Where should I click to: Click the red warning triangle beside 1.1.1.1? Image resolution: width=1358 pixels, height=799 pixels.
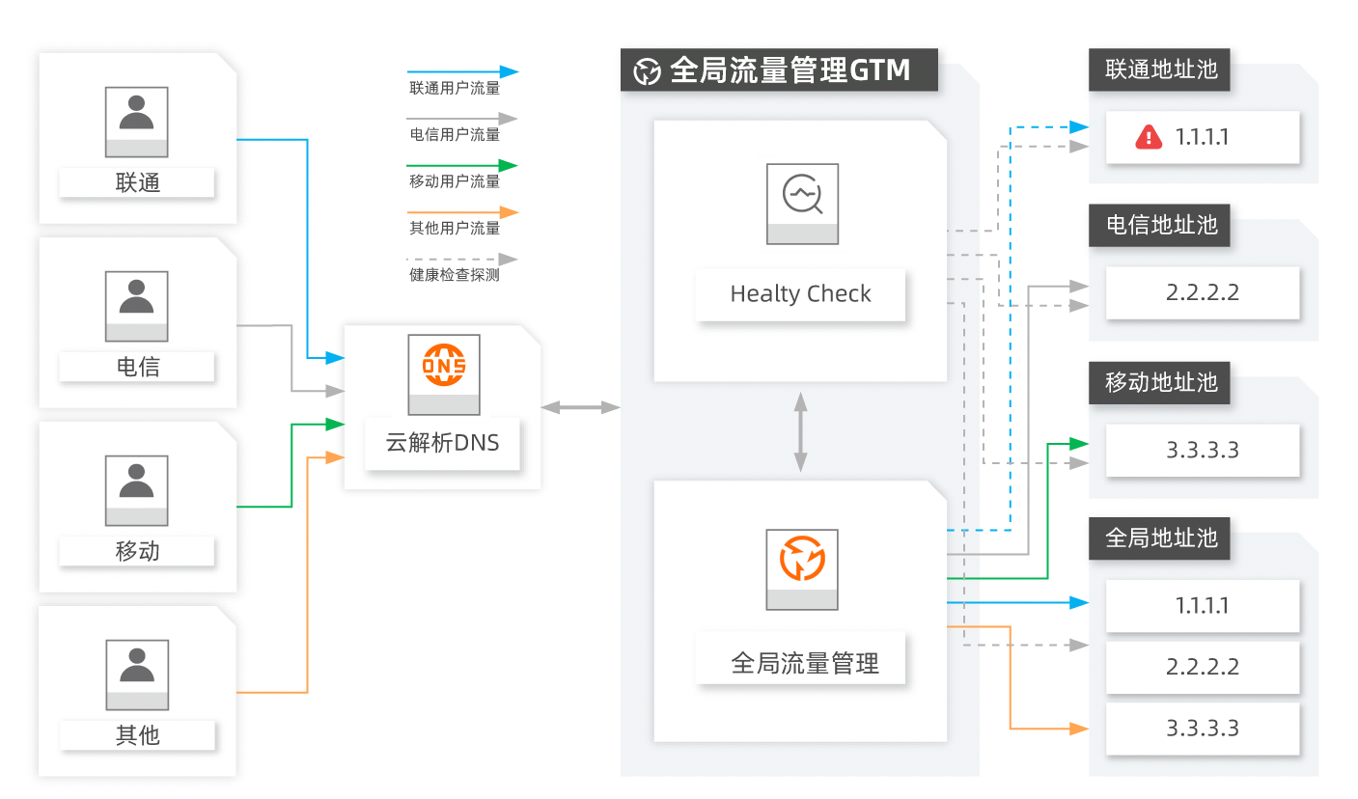pyautogui.click(x=1149, y=137)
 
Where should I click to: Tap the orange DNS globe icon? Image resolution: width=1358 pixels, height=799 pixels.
pyautogui.click(x=444, y=365)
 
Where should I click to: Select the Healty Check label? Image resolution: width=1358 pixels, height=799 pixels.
pyautogui.click(x=800, y=294)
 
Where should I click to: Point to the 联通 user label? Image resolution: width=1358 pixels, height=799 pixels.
pyautogui.click(x=137, y=182)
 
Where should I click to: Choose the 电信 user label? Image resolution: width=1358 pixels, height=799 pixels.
pyautogui.click(x=137, y=367)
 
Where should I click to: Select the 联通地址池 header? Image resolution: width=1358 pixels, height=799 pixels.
pyautogui.click(x=1159, y=69)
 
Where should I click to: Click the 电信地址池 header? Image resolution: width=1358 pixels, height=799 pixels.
pyautogui.click(x=1159, y=225)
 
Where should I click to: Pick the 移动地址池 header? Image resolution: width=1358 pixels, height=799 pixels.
pyautogui.click(x=1159, y=382)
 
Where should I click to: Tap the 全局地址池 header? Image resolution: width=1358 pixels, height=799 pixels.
pyautogui.click(x=1159, y=538)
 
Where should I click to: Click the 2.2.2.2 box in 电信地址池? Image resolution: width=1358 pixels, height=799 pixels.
pyautogui.click(x=1203, y=292)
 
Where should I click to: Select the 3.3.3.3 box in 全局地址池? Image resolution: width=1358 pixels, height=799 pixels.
pyautogui.click(x=1203, y=729)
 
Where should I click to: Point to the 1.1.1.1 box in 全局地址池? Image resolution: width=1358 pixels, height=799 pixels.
pyautogui.click(x=1203, y=606)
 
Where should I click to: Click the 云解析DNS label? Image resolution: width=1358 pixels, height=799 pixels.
pyautogui.click(x=443, y=443)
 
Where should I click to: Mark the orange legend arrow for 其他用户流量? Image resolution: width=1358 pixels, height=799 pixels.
pyautogui.click(x=462, y=212)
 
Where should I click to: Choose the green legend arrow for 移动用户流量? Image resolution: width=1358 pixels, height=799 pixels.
pyautogui.click(x=462, y=166)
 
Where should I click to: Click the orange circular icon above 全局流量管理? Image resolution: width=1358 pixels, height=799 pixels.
pyautogui.click(x=802, y=559)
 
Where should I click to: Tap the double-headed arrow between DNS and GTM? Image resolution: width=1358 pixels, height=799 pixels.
pyautogui.click(x=580, y=407)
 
